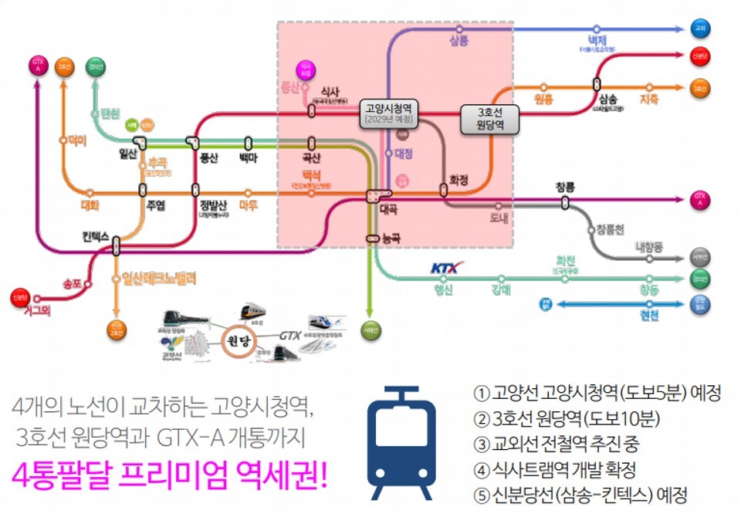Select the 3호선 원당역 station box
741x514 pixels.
pyautogui.click(x=489, y=119)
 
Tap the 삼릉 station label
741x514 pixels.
pyautogui.click(x=458, y=40)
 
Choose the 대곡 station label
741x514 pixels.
pyautogui.click(x=387, y=209)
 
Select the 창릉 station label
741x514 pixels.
pyautogui.click(x=565, y=186)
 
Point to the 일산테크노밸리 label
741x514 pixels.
pyautogui.click(x=161, y=277)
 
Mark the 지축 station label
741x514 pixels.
pyautogui.click(x=648, y=100)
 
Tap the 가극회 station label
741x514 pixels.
pyautogui.click(x=32, y=310)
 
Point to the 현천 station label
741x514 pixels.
pyautogui.click(x=648, y=316)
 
